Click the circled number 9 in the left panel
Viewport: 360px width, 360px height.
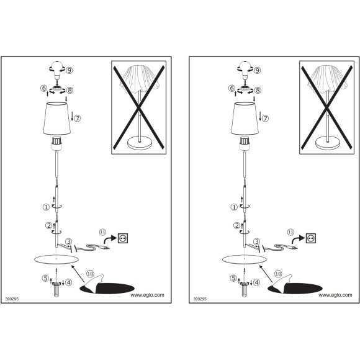70,70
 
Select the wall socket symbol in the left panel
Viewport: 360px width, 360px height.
123,238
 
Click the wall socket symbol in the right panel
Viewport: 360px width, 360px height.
311,238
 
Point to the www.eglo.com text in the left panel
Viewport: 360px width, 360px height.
147,295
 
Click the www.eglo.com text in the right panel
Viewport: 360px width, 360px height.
335,295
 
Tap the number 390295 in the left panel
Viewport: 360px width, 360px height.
12,299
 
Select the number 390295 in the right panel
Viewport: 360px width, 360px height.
200,299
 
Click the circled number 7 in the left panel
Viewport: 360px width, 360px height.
78,119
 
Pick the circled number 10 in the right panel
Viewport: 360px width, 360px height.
278,274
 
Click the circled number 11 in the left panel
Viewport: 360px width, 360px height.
102,232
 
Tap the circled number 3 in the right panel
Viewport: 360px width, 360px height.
257,241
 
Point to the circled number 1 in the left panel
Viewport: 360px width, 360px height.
46,207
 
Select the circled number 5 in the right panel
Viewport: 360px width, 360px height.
233,278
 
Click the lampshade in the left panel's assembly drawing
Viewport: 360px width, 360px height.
56,119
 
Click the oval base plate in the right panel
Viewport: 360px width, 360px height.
245,259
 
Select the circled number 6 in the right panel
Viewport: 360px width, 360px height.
232,88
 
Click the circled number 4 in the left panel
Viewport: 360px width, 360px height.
69,282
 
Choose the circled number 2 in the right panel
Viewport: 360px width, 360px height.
236,226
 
